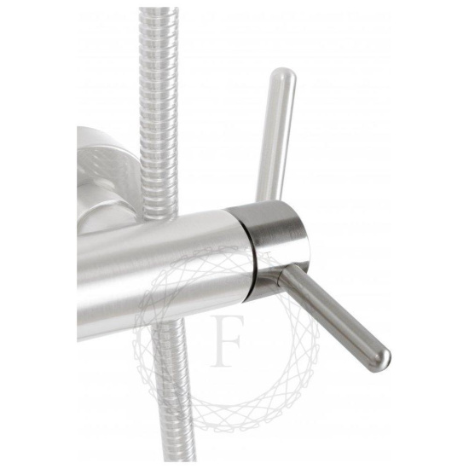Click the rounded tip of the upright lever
tap(283, 75)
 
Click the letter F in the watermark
tap(226, 340)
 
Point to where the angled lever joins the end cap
tap(281, 274)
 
